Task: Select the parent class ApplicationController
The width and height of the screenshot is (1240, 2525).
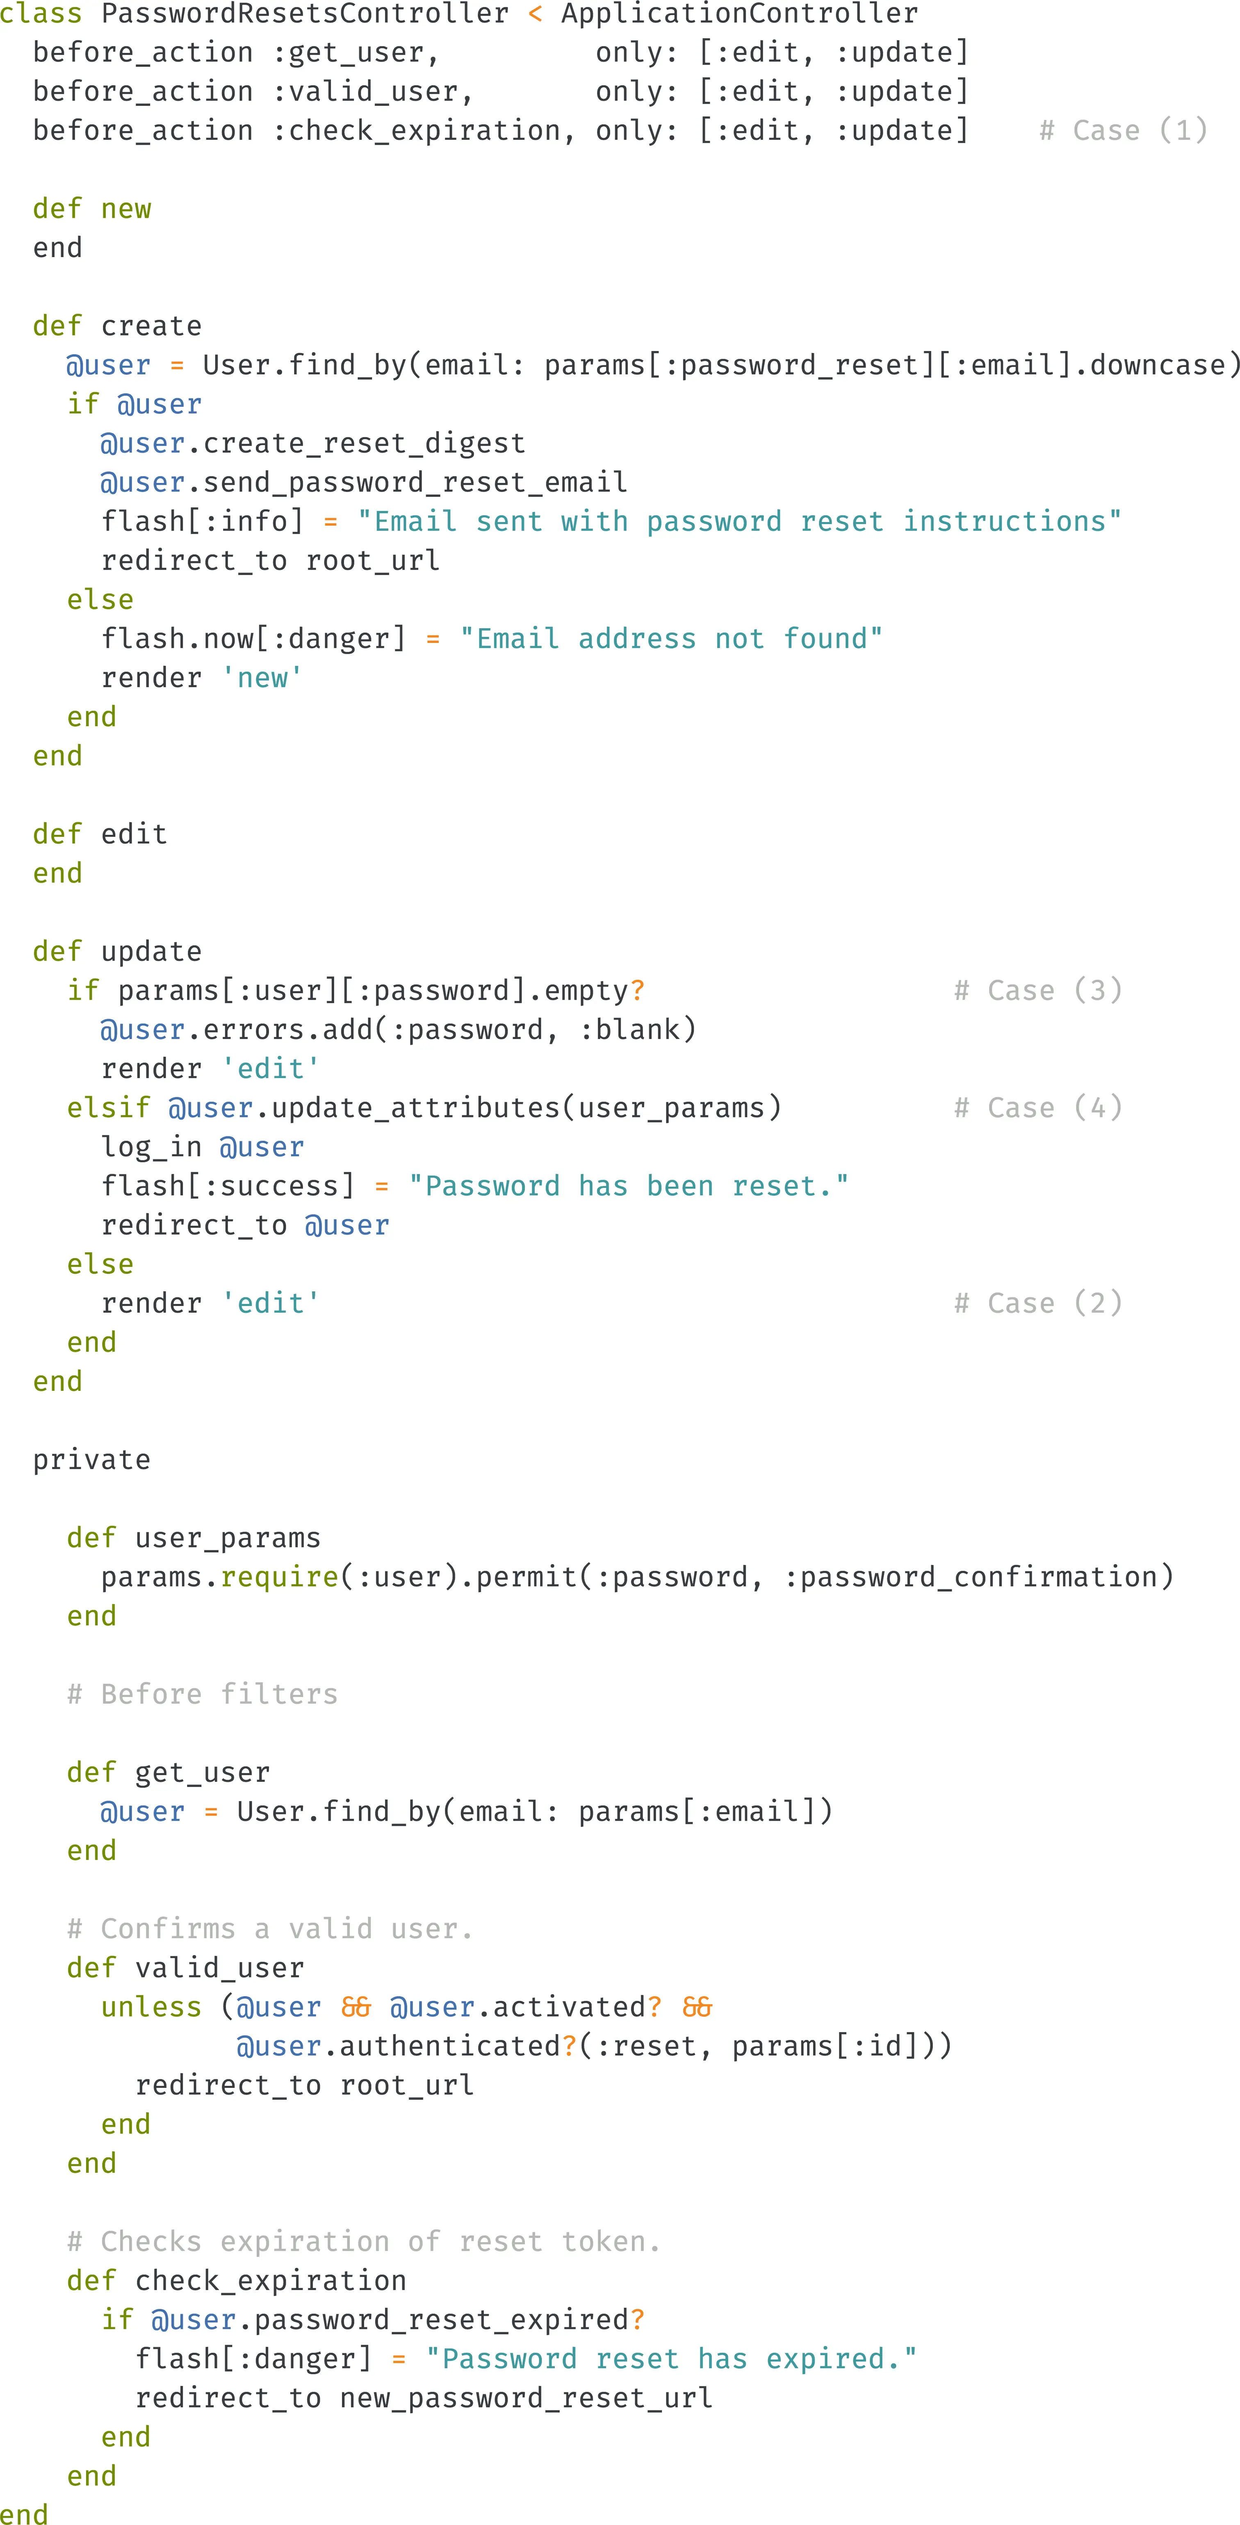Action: point(739,14)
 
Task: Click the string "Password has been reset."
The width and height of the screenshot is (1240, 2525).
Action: point(628,1186)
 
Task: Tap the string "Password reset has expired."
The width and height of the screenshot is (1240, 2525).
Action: point(672,2359)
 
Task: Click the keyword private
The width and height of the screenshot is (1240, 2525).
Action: point(91,1459)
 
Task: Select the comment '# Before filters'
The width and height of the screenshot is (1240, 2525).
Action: point(202,1694)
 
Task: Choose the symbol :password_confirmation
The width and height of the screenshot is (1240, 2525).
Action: point(971,1576)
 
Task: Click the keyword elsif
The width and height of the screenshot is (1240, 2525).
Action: point(108,1108)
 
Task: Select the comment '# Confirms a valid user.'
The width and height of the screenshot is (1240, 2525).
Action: point(269,1928)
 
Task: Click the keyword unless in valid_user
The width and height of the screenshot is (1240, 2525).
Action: point(151,2006)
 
